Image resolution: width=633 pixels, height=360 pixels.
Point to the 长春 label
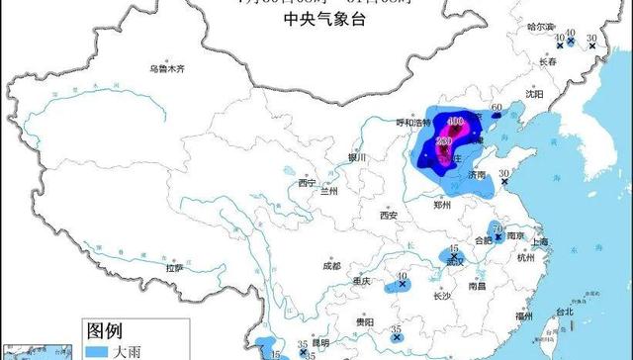tap(549, 61)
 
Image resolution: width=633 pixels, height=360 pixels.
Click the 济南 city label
tap(478, 175)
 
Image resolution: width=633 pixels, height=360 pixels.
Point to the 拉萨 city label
tap(175, 267)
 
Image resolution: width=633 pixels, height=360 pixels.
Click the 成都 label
tap(330, 266)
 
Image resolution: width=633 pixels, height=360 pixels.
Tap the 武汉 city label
tap(455, 262)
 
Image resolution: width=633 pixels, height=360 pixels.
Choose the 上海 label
tap(539, 241)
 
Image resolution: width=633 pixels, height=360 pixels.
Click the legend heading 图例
tap(107, 329)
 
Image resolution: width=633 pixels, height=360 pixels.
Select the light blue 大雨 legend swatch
tap(96, 351)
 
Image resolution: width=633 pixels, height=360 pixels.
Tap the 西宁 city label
tap(306, 183)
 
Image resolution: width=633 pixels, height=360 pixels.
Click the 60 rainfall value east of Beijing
tap(497, 107)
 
